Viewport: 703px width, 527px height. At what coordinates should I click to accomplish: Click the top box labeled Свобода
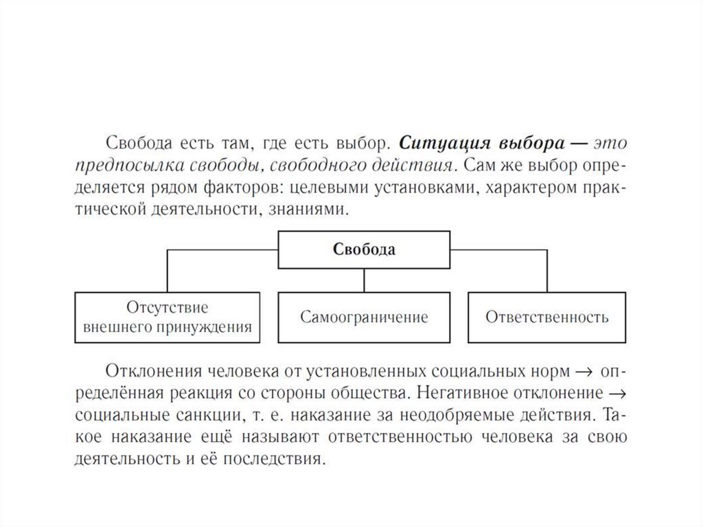[364, 249]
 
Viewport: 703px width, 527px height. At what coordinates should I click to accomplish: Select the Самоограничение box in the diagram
[364, 317]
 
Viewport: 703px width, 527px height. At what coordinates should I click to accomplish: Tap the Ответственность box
[546, 317]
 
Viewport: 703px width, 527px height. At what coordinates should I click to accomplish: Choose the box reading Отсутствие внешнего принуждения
[167, 317]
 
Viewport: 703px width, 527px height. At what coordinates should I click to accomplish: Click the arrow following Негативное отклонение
[616, 394]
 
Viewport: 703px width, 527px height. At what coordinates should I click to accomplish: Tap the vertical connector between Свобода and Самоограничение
[364, 280]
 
